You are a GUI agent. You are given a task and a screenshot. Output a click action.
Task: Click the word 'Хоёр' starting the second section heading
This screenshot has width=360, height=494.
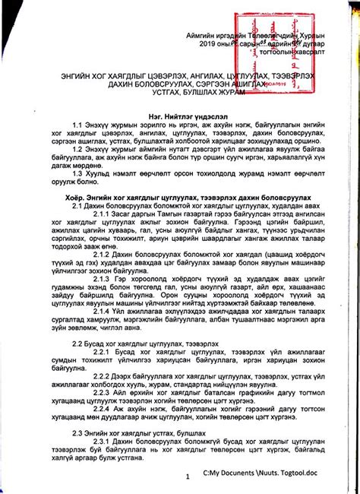coord(77,195)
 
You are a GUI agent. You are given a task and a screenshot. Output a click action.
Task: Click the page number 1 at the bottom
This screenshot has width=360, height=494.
coord(186,477)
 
